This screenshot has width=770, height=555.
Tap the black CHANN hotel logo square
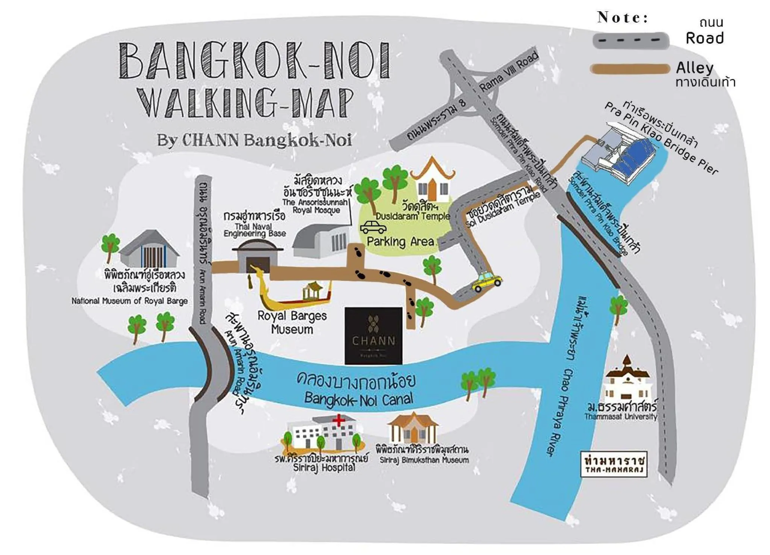(373, 336)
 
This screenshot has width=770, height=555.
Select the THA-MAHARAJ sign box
(614, 464)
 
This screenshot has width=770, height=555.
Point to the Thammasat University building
(626, 380)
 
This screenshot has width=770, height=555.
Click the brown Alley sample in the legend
(630, 69)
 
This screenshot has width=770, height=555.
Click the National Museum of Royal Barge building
(149, 249)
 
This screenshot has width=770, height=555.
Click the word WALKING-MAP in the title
(246, 102)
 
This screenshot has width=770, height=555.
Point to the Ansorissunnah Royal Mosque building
(321, 239)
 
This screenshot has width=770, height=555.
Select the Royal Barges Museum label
(292, 322)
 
